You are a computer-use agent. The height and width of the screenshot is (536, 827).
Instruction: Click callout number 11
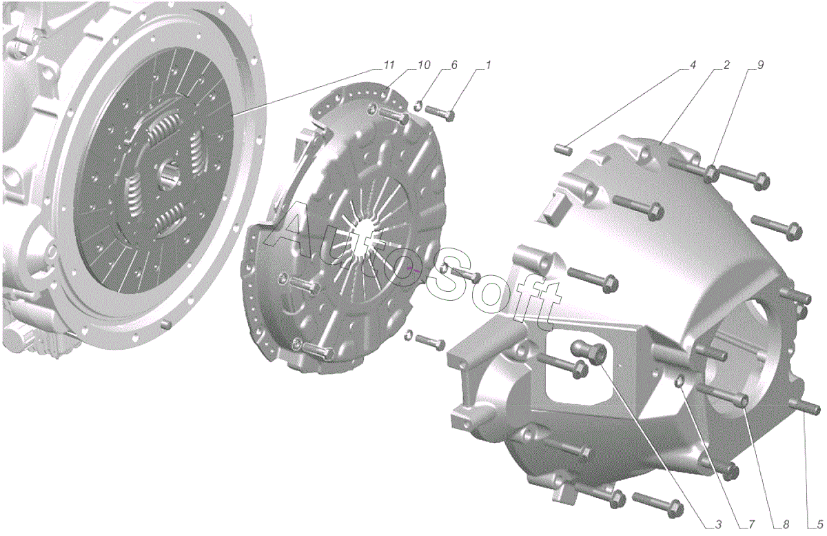click(x=389, y=66)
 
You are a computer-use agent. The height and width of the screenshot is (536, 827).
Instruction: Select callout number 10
click(x=424, y=66)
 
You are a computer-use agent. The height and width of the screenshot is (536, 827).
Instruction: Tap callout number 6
click(x=454, y=66)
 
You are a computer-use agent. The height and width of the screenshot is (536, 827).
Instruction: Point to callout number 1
click(x=487, y=66)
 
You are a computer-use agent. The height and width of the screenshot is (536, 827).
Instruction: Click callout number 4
click(x=692, y=66)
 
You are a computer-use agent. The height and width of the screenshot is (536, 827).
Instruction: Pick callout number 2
click(x=726, y=66)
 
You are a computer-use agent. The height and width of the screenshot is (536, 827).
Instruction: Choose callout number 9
click(x=760, y=66)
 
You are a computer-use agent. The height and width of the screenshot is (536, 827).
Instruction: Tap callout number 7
click(x=751, y=524)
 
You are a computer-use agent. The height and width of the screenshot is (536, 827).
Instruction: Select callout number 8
click(x=785, y=524)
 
